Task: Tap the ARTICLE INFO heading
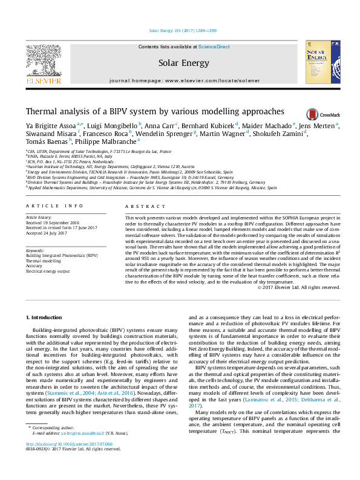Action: [x=54, y=206]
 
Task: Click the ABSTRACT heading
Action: [x=140, y=206]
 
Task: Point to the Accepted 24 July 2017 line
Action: [x=48, y=231]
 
